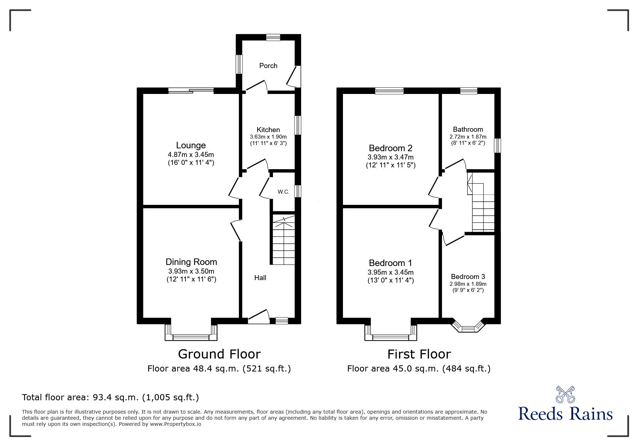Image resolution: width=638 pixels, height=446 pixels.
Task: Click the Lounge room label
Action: [x=191, y=145]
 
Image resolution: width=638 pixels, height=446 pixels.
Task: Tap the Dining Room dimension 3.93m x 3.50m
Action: [x=191, y=271]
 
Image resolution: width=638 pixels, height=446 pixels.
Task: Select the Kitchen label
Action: [x=268, y=130]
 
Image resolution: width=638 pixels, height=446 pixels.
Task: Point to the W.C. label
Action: [x=284, y=192]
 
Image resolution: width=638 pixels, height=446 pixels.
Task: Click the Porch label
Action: [x=268, y=66]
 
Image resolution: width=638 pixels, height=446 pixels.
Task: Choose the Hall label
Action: [x=260, y=278]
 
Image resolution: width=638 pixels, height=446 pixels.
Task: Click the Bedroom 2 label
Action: [x=391, y=148]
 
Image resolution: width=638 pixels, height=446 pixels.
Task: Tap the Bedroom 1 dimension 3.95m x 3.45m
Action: [x=391, y=272]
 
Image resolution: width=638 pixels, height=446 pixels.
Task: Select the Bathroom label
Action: [x=468, y=129]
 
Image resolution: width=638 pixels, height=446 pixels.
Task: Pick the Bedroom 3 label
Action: [x=468, y=276]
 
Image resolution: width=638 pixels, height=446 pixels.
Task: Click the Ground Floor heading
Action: [x=219, y=354]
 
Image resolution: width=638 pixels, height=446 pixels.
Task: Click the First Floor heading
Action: [x=419, y=354]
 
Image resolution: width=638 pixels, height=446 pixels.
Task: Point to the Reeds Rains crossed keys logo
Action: [x=565, y=395]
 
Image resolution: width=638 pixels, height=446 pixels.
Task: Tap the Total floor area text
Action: [x=110, y=397]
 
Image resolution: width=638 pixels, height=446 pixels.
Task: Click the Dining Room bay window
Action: [x=191, y=337]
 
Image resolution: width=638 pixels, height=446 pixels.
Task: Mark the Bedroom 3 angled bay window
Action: [x=468, y=328]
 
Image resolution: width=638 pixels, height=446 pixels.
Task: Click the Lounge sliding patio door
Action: [x=191, y=91]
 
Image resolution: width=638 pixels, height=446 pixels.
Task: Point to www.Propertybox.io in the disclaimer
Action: [x=175, y=424]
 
